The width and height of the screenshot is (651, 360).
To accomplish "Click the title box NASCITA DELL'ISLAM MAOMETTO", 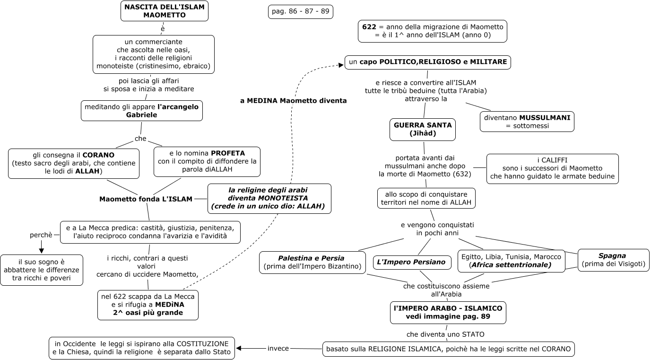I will (164, 11).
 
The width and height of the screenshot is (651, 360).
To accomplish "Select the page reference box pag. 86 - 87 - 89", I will (300, 11).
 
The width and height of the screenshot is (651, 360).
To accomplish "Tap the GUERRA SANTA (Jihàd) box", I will (423, 129).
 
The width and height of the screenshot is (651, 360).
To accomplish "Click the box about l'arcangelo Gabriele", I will (141, 111).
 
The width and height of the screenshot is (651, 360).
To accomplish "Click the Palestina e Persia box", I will (313, 262).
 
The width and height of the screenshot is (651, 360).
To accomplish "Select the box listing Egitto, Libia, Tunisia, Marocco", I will (511, 261).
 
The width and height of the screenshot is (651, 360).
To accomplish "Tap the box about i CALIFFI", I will (552, 168).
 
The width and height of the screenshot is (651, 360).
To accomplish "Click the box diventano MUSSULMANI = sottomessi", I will (527, 121).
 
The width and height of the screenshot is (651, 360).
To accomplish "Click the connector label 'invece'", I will (278, 349).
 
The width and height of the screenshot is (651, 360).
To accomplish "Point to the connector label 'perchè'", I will (41, 235).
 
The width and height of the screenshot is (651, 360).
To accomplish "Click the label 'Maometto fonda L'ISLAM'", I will (146, 199).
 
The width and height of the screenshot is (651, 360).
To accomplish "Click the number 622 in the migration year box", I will (369, 27).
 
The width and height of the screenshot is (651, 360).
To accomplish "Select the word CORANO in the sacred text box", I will (98, 155).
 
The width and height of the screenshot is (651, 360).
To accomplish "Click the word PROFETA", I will (228, 153).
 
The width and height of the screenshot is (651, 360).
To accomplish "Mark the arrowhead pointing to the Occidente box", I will (239, 349).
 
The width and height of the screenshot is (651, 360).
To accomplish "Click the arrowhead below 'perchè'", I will (41, 250).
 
